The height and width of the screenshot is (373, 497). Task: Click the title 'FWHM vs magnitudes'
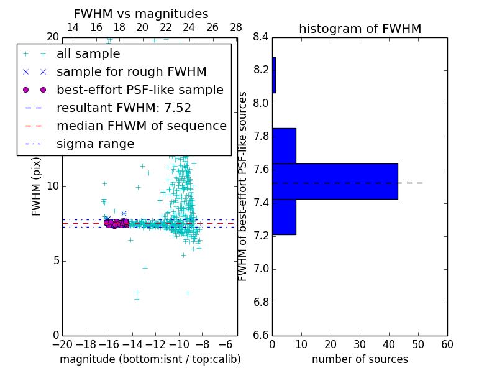pos(141,14)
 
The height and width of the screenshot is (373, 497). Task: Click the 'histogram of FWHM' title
pos(360,29)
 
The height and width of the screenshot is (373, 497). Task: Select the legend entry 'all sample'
pos(88,54)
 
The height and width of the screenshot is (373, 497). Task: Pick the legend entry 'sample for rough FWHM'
pos(131,72)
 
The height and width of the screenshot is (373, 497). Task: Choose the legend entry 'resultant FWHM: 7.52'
pos(124,108)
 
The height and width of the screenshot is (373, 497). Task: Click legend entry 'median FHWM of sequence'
pos(141,126)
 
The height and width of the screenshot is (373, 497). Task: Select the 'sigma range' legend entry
pos(95,144)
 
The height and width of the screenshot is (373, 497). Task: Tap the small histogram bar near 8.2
pos(274,75)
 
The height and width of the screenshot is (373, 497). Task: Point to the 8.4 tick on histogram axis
pos(261,37)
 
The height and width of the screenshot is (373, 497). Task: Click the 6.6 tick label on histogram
pos(261,336)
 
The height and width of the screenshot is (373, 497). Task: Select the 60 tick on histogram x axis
pos(447,344)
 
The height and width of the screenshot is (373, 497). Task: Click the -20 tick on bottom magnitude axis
pos(62,344)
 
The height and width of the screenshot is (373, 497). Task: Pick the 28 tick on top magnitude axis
pos(236,27)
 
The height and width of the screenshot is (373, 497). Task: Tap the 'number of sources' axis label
pos(360,359)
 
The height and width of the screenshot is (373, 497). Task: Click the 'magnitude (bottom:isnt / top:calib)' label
pos(150,359)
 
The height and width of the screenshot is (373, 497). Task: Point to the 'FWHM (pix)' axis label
pos(37,186)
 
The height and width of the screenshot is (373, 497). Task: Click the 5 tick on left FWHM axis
pos(55,260)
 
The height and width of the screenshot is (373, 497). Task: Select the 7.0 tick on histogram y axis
pos(261,269)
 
